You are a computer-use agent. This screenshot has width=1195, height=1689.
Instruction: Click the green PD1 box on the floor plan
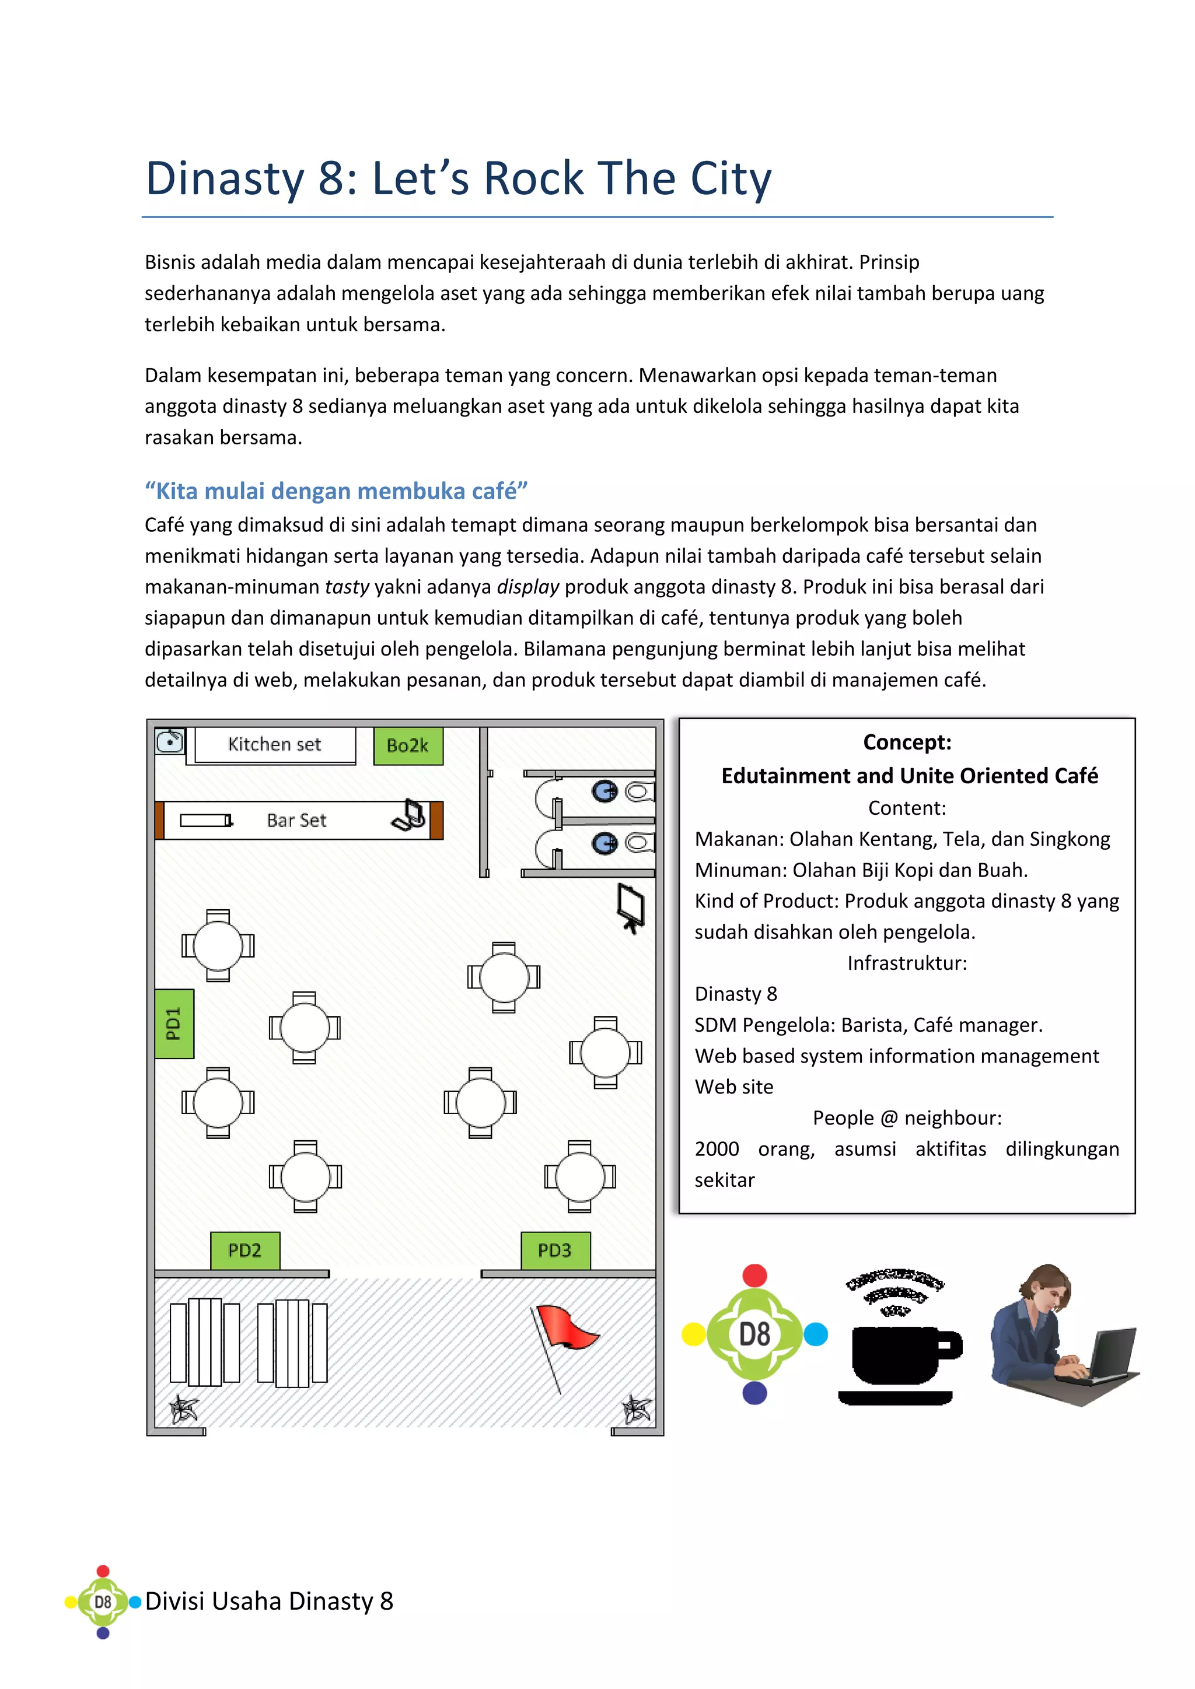click(x=174, y=1024)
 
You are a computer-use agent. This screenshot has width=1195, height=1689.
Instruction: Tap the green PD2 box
click(x=245, y=1250)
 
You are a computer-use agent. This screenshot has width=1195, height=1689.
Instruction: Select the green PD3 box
click(x=555, y=1250)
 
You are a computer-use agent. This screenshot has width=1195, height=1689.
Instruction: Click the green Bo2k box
click(x=408, y=745)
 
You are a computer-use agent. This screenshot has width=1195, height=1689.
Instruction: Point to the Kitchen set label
click(x=274, y=744)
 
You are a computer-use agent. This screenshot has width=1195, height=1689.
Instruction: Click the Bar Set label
click(x=296, y=820)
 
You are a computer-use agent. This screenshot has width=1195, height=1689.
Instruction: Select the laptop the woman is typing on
click(x=1111, y=1354)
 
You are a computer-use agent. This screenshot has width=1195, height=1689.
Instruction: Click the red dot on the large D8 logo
click(x=755, y=1275)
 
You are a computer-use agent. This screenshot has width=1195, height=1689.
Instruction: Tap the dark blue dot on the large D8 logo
click(x=755, y=1393)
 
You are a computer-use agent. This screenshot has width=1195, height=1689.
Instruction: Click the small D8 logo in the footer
click(x=103, y=1602)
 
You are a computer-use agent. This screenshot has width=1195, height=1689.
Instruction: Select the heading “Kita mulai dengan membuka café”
click(x=336, y=490)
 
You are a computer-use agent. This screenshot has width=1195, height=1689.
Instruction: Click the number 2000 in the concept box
click(x=717, y=1148)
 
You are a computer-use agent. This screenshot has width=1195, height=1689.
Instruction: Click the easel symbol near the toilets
click(x=631, y=907)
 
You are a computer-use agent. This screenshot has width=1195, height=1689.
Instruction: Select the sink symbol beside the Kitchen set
click(x=170, y=741)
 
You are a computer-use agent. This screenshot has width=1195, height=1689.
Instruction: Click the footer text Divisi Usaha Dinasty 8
click(x=270, y=1602)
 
